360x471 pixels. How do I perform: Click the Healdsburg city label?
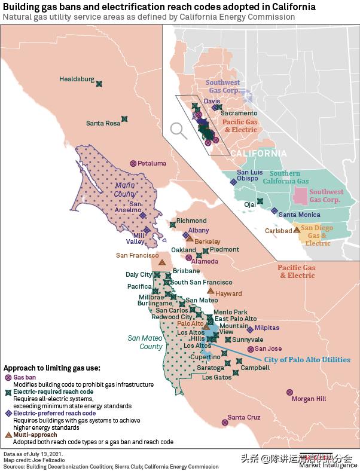click(77, 79)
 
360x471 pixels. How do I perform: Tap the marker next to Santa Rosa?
click(124, 119)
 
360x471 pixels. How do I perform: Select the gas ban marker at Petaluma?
click(133, 163)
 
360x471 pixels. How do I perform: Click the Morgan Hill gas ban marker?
click(290, 392)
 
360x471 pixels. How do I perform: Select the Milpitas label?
click(267, 328)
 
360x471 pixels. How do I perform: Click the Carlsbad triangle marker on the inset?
click(297, 230)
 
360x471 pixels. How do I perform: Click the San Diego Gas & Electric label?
click(318, 235)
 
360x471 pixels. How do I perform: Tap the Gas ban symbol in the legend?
click(8, 378)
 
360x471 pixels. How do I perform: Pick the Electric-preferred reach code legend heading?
click(54, 413)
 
